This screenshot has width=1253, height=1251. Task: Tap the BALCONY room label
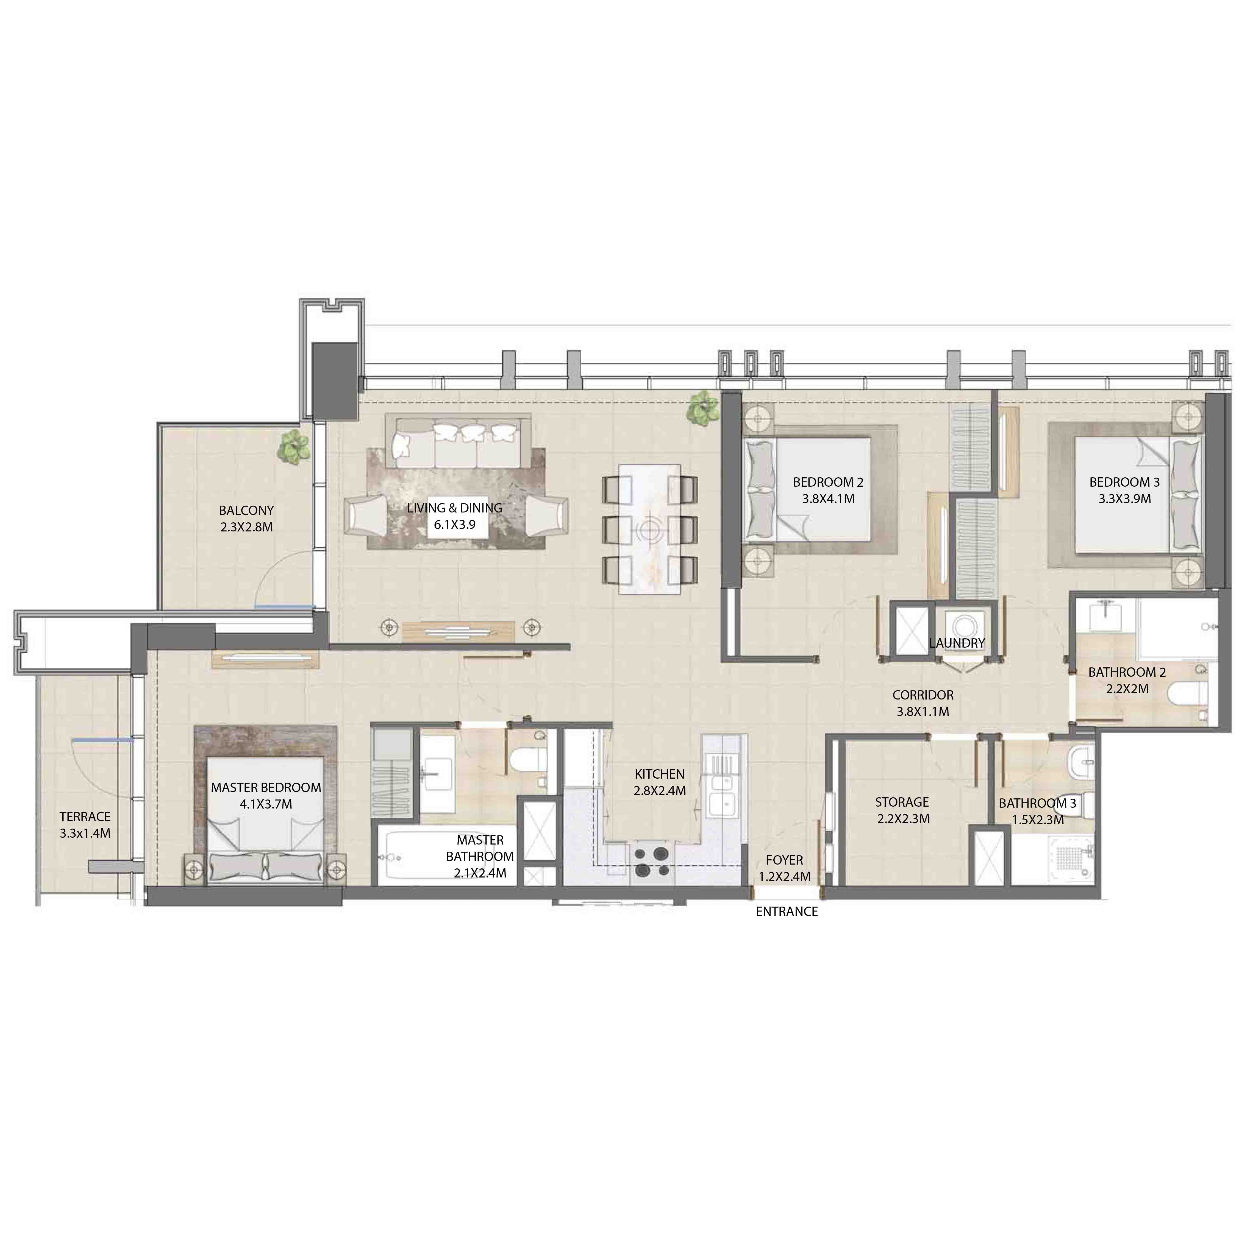(246, 510)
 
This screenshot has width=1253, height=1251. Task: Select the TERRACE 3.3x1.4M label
(85, 825)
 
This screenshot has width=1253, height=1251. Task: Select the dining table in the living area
(649, 528)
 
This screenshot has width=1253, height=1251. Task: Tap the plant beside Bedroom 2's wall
(702, 409)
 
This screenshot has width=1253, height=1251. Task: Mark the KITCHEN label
(659, 774)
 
